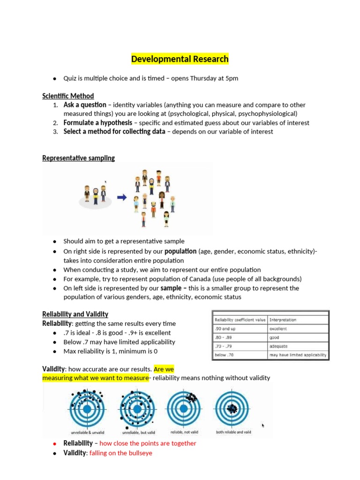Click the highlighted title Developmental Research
tap(180, 59)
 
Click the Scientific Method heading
tap(68, 96)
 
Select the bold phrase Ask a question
tap(85, 105)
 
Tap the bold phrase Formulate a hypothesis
tap(97, 123)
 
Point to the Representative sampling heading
tap(78, 158)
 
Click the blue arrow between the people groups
tap(122, 197)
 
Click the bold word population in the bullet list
tap(180, 251)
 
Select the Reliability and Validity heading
tap(75, 314)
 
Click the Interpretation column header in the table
tap(283, 320)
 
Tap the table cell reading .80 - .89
tap(223, 337)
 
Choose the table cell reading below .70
tap(224, 355)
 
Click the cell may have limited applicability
tap(298, 355)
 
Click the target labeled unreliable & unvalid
tap(87, 408)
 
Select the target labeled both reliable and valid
tap(233, 408)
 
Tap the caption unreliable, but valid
tap(137, 432)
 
